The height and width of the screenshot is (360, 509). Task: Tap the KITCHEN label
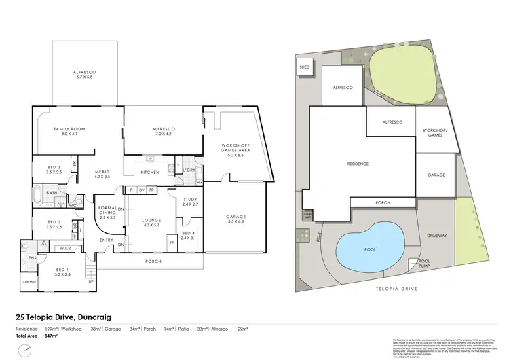149,173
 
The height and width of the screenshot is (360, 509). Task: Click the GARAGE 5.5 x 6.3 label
238,219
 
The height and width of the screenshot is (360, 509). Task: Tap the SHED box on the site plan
303,67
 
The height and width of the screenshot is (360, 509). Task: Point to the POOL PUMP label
424,263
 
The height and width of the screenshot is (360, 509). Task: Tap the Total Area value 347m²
50,336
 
